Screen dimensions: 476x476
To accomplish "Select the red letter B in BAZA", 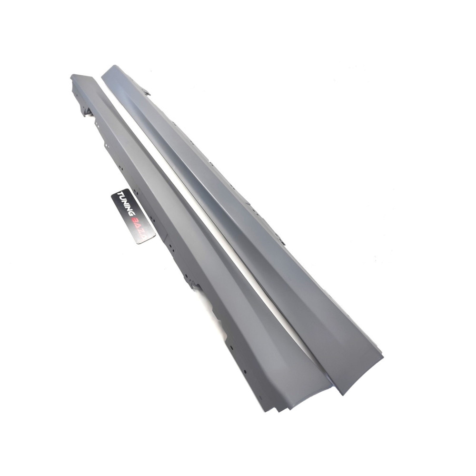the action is (138, 216).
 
